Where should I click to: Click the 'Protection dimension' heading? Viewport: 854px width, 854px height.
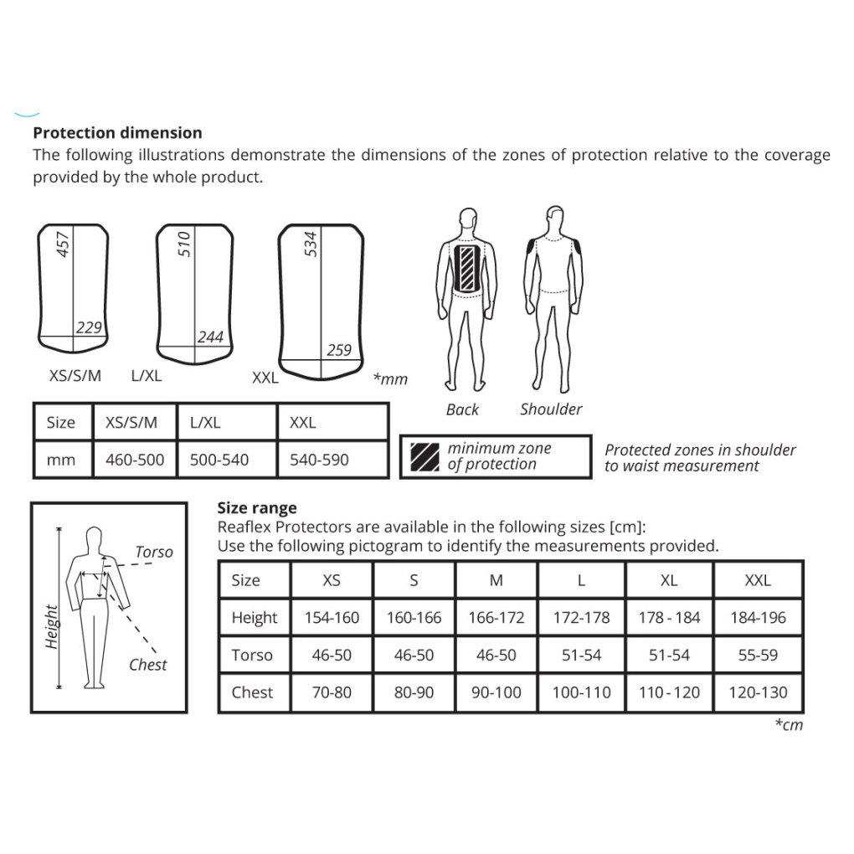(x=117, y=132)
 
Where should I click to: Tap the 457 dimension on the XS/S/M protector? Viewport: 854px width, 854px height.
(x=63, y=244)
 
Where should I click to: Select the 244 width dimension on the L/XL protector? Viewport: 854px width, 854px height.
(x=210, y=337)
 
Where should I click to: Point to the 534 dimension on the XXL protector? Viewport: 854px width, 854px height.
(x=311, y=244)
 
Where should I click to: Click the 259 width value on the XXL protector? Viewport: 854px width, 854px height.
(x=338, y=351)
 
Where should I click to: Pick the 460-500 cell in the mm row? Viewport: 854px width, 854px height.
(x=135, y=460)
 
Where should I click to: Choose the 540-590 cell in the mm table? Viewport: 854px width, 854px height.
(x=319, y=460)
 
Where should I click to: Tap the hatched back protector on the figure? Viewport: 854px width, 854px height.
(x=466, y=267)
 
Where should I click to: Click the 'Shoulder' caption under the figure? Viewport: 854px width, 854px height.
(x=551, y=409)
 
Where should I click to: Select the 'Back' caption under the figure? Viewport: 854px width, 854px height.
(x=462, y=409)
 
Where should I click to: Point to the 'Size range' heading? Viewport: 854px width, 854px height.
(x=256, y=508)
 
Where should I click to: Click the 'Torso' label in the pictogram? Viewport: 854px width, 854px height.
(x=154, y=552)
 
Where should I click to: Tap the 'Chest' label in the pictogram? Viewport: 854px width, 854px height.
(x=147, y=665)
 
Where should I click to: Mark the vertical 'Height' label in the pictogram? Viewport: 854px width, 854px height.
(x=52, y=627)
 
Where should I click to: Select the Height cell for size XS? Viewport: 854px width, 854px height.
(x=332, y=618)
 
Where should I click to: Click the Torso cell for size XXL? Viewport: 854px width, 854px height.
(x=758, y=655)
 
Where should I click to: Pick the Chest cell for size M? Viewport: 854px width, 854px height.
(x=496, y=692)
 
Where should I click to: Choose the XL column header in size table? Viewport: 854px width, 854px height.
(x=669, y=580)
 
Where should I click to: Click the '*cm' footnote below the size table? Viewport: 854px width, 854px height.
(x=788, y=725)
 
